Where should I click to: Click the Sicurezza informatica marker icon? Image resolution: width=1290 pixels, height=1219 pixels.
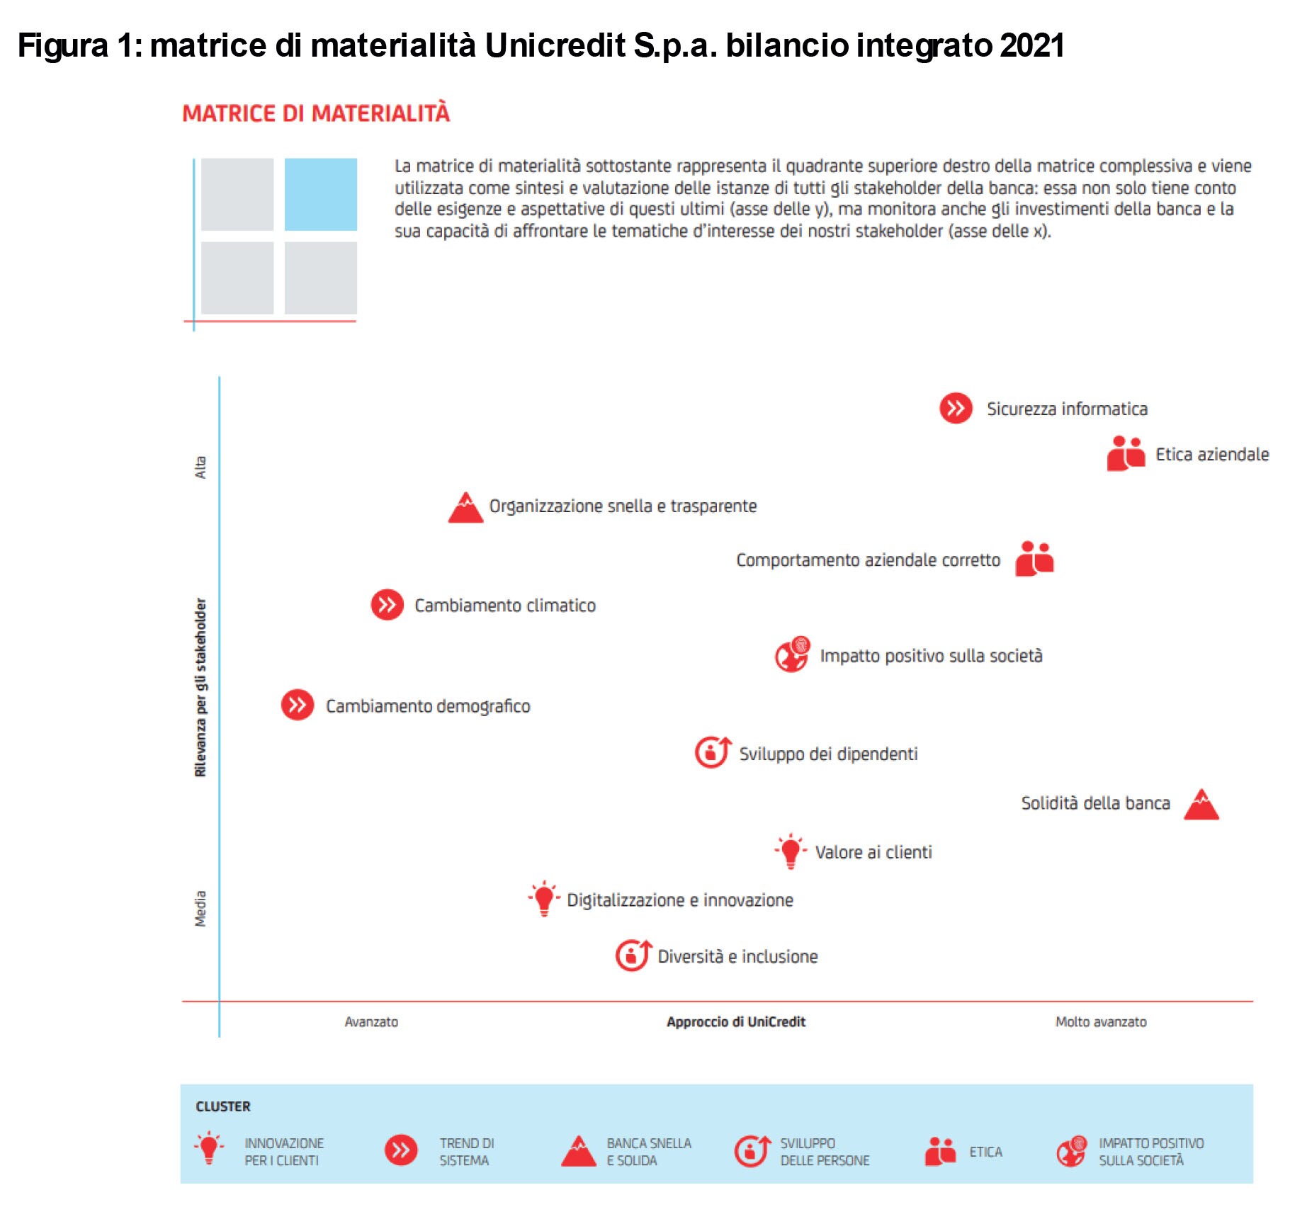point(956,408)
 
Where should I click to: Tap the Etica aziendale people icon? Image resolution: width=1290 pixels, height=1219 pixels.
point(1126,453)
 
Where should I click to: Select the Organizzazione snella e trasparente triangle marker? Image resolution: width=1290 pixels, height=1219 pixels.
point(465,507)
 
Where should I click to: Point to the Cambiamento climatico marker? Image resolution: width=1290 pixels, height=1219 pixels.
point(387,605)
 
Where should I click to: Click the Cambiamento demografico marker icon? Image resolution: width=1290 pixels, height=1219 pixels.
point(298,705)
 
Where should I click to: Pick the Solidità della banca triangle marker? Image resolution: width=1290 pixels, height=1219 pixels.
point(1201,804)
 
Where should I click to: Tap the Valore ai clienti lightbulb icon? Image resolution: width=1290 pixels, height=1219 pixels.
point(791,851)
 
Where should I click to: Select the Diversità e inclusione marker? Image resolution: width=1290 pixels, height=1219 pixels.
point(633,955)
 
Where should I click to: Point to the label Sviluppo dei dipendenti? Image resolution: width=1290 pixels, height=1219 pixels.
point(828,754)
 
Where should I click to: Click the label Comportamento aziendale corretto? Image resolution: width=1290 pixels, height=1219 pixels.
point(868,560)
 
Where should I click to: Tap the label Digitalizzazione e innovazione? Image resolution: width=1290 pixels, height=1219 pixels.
point(680,900)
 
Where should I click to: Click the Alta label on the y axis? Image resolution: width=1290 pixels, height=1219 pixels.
point(200,467)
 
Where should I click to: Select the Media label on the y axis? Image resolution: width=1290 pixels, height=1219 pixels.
point(200,909)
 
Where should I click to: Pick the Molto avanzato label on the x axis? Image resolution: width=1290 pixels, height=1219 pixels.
point(1101,1021)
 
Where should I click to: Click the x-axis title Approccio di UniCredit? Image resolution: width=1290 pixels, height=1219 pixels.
point(736,1021)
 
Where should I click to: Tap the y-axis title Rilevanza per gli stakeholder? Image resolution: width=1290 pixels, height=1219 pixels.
point(200,687)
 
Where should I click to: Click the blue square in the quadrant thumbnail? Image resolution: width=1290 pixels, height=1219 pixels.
point(321,194)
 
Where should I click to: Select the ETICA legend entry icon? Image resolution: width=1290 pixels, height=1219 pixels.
point(941,1151)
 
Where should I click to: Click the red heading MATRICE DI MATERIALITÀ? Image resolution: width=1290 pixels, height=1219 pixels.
point(316,113)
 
